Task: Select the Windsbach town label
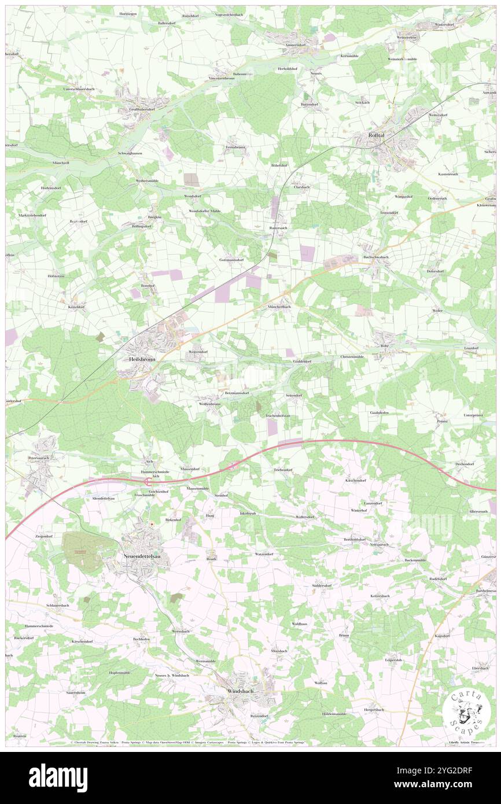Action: tap(237, 691)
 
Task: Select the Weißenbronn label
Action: tap(209, 404)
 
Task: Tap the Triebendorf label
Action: tap(283, 470)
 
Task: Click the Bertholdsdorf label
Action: tap(355, 539)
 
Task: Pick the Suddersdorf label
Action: tap(322, 585)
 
